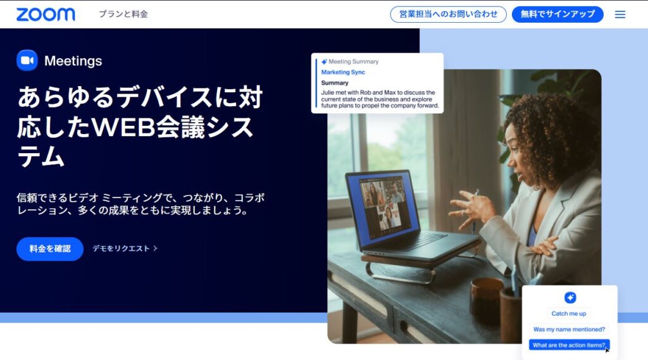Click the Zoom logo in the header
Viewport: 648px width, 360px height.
[x=46, y=15]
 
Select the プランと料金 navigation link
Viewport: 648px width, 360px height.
[x=123, y=14]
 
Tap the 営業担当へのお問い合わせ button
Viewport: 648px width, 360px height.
[x=448, y=15]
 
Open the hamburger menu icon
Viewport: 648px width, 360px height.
[x=620, y=15]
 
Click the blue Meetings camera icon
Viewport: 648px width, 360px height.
[x=27, y=60]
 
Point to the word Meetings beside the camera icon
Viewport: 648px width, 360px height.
[x=73, y=61]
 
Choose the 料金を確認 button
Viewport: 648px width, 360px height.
[x=50, y=249]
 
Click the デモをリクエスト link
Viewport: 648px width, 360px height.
[x=125, y=249]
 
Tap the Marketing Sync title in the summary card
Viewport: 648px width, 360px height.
[x=343, y=72]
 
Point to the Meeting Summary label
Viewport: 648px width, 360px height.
[x=353, y=61]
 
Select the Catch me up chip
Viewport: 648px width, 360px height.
[x=569, y=313]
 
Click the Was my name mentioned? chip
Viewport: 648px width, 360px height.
[x=569, y=330]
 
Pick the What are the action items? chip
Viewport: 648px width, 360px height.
[x=569, y=345]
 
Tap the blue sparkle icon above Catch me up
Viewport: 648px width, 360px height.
[x=570, y=297]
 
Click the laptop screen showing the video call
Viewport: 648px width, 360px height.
[x=382, y=208]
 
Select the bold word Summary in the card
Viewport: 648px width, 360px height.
[x=335, y=83]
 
